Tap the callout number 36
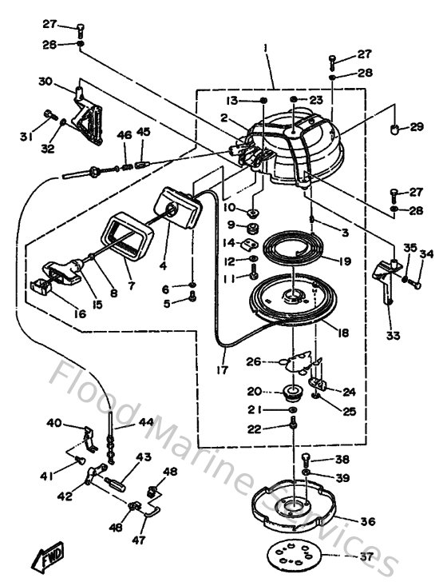coord(367,521)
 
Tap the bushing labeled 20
coord(291,393)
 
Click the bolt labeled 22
coord(295,426)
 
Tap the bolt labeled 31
coord(48,113)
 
